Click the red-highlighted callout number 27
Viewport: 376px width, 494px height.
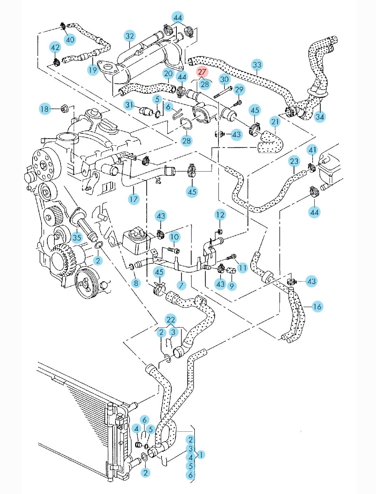(202, 72)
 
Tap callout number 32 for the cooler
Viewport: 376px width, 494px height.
(130, 36)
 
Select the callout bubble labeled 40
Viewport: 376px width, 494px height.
(70, 40)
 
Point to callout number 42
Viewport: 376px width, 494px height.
(55, 47)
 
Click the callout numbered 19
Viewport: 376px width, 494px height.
(92, 70)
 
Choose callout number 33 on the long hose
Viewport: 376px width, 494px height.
(257, 65)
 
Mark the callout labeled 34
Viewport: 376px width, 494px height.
(320, 116)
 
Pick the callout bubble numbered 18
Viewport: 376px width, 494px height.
(44, 109)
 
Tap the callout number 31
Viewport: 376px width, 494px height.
(130, 105)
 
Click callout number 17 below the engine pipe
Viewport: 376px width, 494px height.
(134, 199)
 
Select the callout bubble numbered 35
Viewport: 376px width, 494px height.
(77, 238)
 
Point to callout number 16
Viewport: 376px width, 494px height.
(317, 307)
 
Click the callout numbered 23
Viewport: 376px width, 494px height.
(294, 161)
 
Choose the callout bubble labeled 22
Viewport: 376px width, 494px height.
(170, 320)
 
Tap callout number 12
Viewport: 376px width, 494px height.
(220, 215)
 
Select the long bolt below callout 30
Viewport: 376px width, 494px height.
(223, 92)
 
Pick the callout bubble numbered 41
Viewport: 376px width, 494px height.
(312, 150)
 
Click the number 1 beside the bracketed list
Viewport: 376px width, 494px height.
(201, 455)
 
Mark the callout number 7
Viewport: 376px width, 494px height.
(181, 285)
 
